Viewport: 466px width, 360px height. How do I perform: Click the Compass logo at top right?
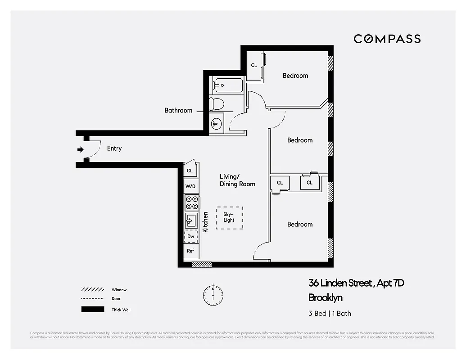387,39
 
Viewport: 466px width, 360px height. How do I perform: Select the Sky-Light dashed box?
229,218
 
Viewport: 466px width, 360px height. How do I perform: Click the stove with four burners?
191,202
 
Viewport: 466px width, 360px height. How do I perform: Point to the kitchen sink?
191,220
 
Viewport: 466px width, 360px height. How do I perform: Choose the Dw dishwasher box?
191,236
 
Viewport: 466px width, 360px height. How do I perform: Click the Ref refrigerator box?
190,251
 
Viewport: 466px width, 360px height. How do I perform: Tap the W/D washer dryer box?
190,186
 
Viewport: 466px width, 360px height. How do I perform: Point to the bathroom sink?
217,122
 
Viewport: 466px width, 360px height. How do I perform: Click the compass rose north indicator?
213,295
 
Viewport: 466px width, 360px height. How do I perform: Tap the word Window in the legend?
119,290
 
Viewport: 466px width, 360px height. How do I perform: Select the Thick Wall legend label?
121,310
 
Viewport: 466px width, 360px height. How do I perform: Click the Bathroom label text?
178,110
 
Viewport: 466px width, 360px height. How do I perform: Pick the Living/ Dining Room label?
237,180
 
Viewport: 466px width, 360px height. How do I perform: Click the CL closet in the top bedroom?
254,66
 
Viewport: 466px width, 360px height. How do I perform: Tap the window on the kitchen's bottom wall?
201,264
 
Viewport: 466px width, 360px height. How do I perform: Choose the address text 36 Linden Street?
340,283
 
